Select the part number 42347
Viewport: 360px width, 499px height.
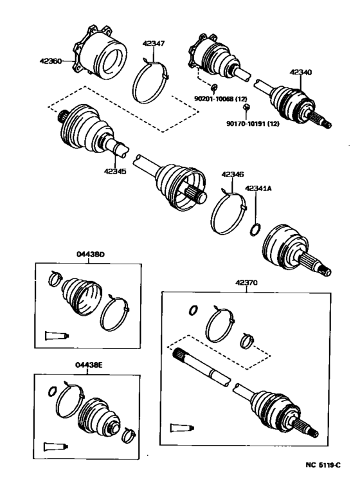[153, 44]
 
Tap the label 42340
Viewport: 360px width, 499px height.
[300, 72]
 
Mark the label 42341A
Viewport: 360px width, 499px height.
[257, 188]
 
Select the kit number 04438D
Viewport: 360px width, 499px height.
[90, 255]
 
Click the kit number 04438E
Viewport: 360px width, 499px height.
[89, 365]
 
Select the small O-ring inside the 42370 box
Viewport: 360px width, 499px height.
[192, 311]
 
